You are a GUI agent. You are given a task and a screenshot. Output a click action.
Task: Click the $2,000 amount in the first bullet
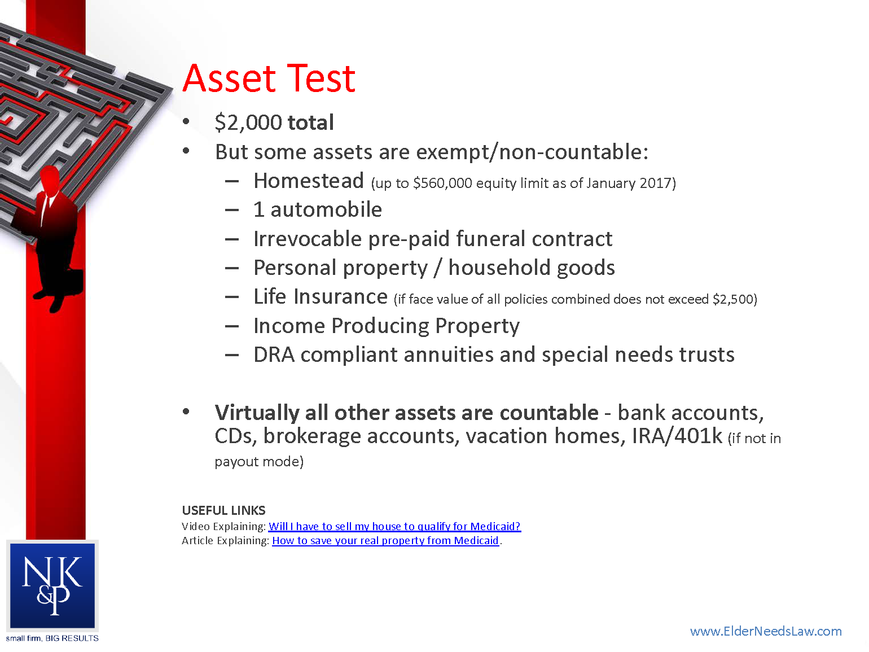click(248, 122)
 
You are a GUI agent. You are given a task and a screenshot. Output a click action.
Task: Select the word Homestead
click(308, 181)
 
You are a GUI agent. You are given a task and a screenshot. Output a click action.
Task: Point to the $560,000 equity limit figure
click(442, 183)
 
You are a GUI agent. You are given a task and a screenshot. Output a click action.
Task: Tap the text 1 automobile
click(317, 210)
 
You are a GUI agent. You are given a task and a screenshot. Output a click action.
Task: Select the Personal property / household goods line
click(433, 268)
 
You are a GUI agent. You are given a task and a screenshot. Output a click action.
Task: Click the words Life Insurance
click(320, 297)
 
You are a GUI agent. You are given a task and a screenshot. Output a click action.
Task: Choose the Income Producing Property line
click(386, 326)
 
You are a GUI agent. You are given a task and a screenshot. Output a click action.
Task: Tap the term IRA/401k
click(677, 436)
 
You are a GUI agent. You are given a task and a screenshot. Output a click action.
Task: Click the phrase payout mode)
click(259, 462)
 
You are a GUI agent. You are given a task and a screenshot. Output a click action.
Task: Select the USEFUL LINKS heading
click(223, 510)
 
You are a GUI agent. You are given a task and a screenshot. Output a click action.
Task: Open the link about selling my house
click(394, 526)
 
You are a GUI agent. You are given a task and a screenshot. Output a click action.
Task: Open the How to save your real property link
click(385, 541)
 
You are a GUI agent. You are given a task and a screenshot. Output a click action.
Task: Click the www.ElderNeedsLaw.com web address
click(765, 631)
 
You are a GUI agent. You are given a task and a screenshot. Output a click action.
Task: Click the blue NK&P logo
click(52, 585)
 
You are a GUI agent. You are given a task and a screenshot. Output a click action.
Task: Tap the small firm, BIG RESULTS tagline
click(52, 638)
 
